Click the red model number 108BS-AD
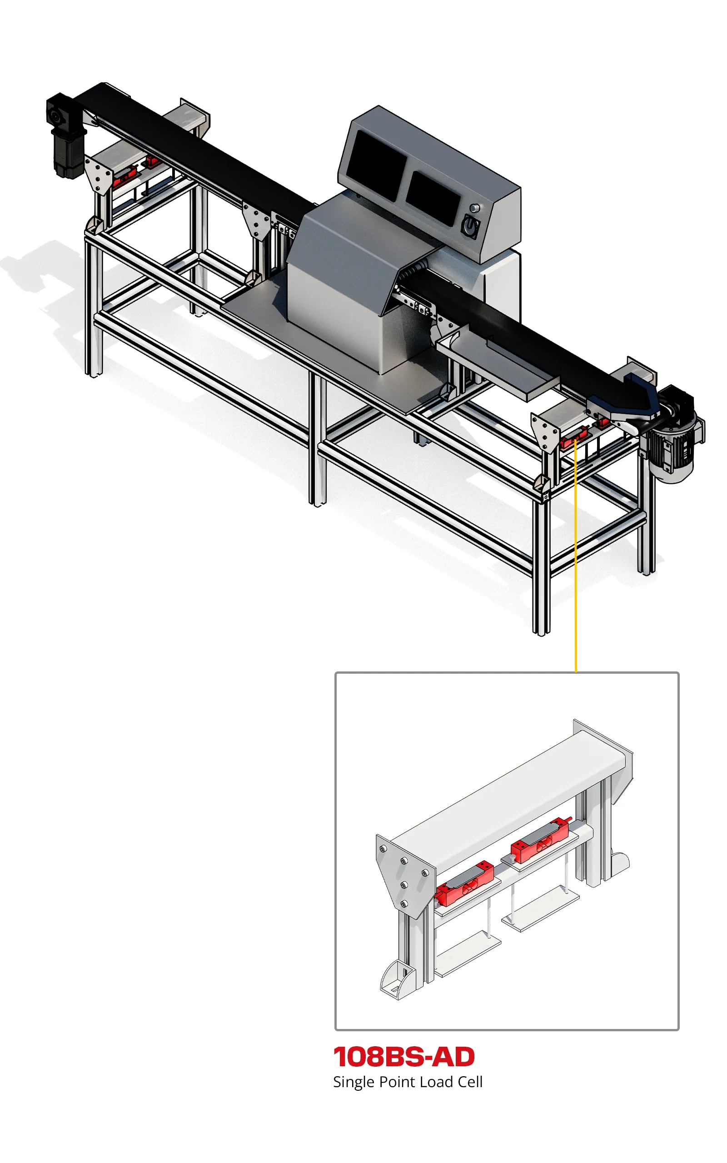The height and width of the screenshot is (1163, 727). click(404, 1057)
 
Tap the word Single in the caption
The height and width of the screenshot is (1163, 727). click(354, 1082)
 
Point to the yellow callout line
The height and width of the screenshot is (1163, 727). click(576, 555)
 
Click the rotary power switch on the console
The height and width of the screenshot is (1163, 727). click(470, 226)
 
